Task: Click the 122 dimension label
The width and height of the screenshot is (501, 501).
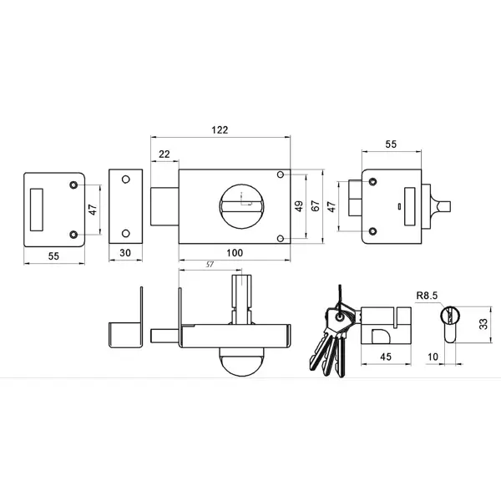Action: (220, 129)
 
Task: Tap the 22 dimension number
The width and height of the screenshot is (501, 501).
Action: (164, 154)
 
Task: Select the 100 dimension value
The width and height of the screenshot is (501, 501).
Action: (235, 253)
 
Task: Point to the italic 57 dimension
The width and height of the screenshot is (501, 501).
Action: (210, 264)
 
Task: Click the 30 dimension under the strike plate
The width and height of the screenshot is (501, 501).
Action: (125, 253)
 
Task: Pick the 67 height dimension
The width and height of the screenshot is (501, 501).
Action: (315, 205)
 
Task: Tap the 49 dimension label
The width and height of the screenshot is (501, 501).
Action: (299, 206)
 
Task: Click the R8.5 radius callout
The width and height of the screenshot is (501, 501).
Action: (427, 296)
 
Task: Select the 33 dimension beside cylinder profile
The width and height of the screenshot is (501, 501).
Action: (484, 324)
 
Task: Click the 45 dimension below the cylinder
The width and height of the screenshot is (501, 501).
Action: (386, 357)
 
